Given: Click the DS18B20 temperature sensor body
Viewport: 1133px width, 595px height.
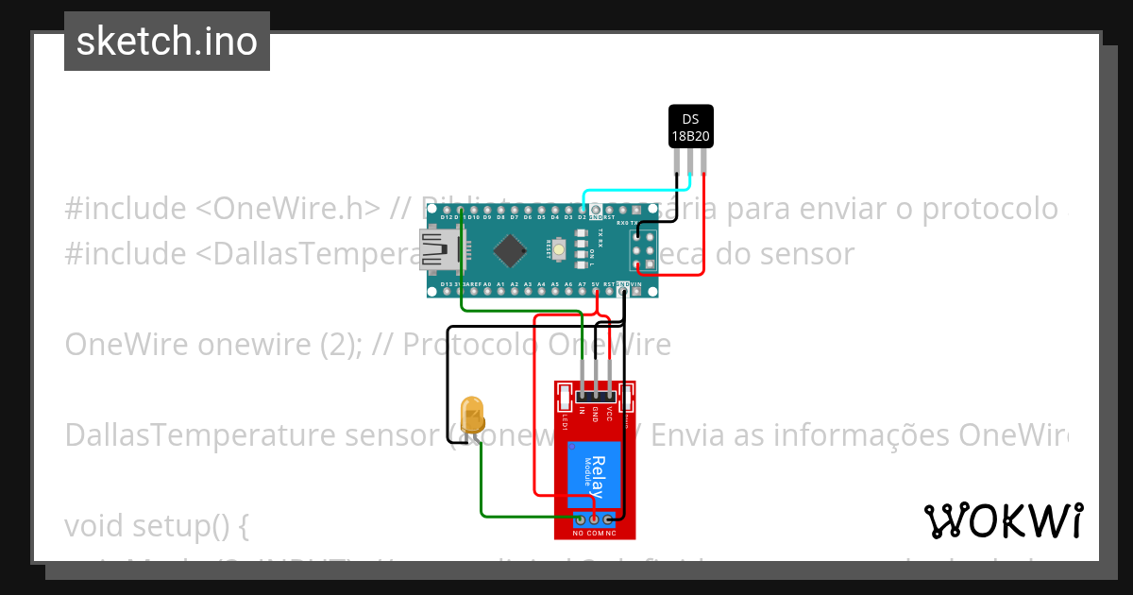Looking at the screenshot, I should [x=690, y=127].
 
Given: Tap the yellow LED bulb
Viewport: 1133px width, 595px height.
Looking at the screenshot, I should [x=471, y=416].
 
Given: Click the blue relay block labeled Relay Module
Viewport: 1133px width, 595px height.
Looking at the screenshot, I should [x=594, y=476].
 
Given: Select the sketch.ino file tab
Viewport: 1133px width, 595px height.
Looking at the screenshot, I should [x=167, y=42].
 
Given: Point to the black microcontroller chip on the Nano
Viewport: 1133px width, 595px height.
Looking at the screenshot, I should [x=510, y=249].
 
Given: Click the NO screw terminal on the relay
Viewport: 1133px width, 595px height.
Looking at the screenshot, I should [x=579, y=518].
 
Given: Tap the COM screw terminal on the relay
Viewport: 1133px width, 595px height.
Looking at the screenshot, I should [x=595, y=518].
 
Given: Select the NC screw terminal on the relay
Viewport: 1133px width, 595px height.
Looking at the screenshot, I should [x=610, y=518].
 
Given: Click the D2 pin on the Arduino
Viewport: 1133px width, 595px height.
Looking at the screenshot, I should [x=583, y=209].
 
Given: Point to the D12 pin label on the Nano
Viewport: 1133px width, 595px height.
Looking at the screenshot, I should [x=446, y=218].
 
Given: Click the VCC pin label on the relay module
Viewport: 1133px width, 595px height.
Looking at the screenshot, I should [x=610, y=413].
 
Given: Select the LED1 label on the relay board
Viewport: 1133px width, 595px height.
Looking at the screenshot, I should [x=565, y=423].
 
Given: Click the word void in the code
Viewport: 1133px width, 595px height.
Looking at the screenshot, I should [x=99, y=525].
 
